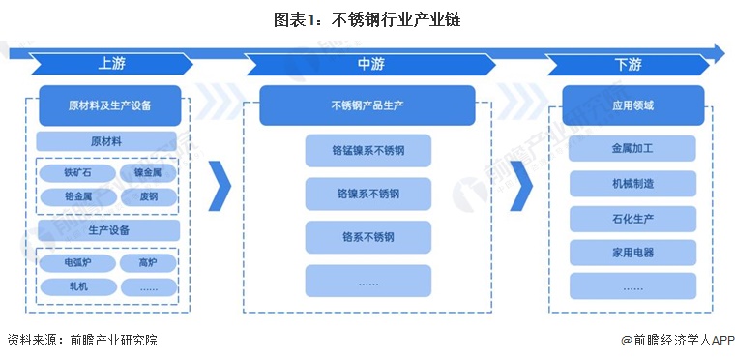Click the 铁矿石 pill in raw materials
click(x=77, y=173)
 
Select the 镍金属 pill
click(x=148, y=173)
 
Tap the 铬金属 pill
click(x=78, y=197)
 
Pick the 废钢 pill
click(x=149, y=197)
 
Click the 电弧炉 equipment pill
click(x=77, y=263)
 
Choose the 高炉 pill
click(x=148, y=263)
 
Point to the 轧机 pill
click(x=78, y=286)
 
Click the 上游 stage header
click(x=111, y=64)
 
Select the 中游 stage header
click(x=370, y=64)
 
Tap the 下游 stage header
click(x=628, y=64)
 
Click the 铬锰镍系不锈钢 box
click(x=367, y=151)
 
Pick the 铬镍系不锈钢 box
click(x=367, y=194)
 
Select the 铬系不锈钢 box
click(x=367, y=237)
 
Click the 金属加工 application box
click(x=632, y=149)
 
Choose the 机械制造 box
click(x=632, y=184)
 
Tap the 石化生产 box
click(x=632, y=219)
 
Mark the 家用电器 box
click(x=632, y=253)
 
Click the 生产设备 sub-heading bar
click(x=108, y=230)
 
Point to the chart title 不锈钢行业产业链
click(x=397, y=19)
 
